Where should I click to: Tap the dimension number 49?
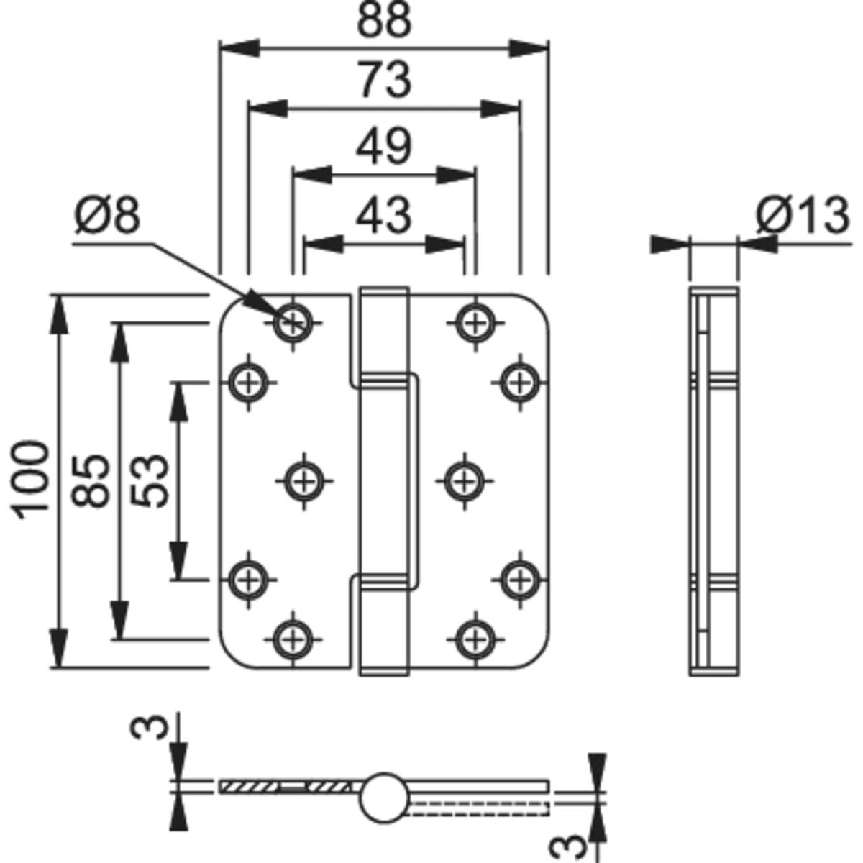(385, 147)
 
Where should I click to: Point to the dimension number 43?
(385, 214)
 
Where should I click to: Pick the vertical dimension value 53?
(151, 480)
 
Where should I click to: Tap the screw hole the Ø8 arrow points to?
(293, 321)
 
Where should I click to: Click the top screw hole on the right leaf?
(475, 321)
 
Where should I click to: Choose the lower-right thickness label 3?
(568, 843)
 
